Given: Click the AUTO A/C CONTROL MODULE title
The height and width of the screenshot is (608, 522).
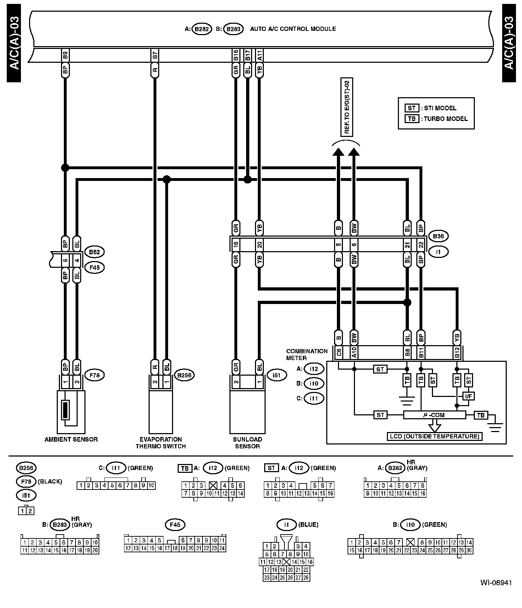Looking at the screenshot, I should (x=293, y=29).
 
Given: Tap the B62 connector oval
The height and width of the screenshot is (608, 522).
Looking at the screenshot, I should (x=94, y=252).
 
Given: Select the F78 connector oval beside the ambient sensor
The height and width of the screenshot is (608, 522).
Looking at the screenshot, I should (x=94, y=375).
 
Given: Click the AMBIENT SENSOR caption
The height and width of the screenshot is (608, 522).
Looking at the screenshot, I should (x=71, y=439).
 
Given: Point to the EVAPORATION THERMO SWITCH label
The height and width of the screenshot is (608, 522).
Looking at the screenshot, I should (x=161, y=443).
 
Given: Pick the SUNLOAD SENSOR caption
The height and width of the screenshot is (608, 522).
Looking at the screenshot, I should (x=247, y=443).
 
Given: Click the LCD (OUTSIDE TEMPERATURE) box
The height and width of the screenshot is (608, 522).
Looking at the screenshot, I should (x=434, y=436).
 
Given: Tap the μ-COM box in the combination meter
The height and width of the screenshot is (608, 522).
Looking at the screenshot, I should (x=434, y=415).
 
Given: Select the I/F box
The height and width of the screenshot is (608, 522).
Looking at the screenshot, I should (x=468, y=396).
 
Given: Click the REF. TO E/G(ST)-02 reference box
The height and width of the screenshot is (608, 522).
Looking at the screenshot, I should (x=347, y=107).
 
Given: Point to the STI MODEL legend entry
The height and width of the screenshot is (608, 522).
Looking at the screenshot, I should (x=440, y=108).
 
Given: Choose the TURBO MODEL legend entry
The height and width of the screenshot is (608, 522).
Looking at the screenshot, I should (x=445, y=119).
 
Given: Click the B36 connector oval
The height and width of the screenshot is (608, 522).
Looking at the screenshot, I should (x=438, y=236).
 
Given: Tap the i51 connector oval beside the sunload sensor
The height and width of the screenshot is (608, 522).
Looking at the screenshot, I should (x=277, y=375).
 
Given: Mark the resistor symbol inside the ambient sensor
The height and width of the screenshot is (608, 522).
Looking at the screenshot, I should (x=65, y=410).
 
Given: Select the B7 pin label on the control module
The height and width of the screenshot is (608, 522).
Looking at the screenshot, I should (x=155, y=55).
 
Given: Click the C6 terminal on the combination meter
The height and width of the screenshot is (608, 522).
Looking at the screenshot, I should (x=339, y=353).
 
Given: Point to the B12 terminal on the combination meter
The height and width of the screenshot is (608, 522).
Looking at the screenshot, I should (x=457, y=353).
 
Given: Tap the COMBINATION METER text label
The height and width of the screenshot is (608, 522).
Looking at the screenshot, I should (x=307, y=354).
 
